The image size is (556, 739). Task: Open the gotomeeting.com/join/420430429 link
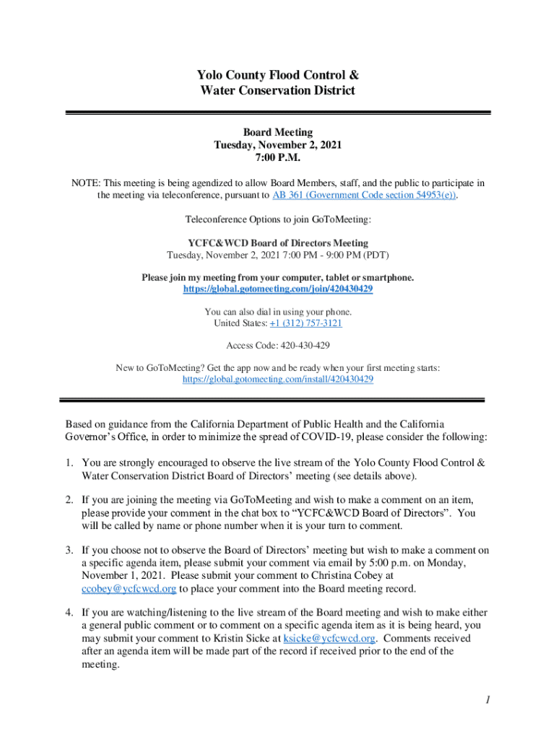[x=278, y=289]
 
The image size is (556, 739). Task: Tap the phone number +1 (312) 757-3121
[x=305, y=323]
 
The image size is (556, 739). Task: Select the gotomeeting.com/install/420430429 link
[x=278, y=379]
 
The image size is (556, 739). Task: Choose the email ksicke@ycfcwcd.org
[x=329, y=639]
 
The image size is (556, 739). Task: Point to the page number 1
[x=488, y=701]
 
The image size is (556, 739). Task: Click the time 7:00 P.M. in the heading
[x=278, y=157]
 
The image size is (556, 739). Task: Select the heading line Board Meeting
[x=278, y=132]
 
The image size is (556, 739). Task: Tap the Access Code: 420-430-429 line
[x=278, y=346]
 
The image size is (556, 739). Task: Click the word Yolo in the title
[x=212, y=75]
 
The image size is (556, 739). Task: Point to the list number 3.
[x=70, y=550]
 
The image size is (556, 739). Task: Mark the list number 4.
[x=70, y=613]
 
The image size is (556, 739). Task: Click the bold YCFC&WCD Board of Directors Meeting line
[x=278, y=243]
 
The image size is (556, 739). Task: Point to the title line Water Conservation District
[x=278, y=91]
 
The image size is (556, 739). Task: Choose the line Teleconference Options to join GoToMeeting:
[x=278, y=219]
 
